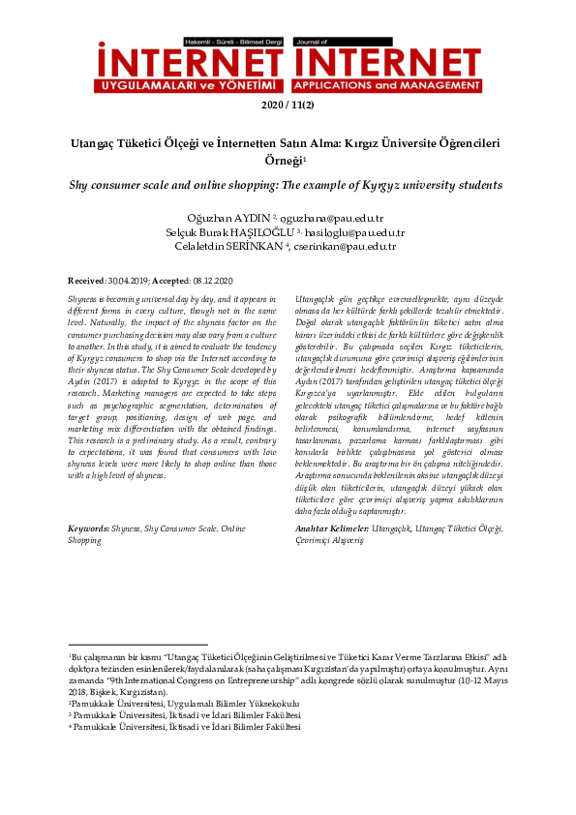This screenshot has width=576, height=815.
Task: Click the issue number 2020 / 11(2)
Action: tap(288, 106)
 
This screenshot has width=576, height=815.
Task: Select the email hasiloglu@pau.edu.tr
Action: tap(358, 233)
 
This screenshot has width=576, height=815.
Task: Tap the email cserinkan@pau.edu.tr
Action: tap(349, 248)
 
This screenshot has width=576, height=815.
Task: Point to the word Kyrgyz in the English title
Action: tap(373, 183)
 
